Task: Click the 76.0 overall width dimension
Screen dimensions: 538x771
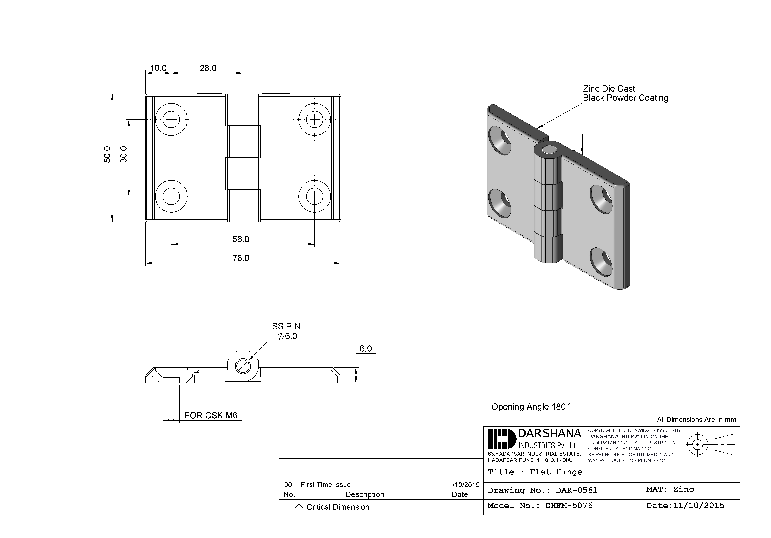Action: coord(241,258)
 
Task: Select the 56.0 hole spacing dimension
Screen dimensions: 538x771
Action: coord(241,239)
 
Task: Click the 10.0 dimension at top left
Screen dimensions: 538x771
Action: coord(158,68)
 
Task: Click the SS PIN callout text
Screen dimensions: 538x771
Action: coord(286,326)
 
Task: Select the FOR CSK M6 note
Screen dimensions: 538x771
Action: coord(211,416)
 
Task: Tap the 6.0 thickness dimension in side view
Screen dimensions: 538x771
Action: coord(366,348)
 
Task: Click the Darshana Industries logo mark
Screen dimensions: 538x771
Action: coord(502,439)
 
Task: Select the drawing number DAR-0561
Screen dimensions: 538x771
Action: coord(576,490)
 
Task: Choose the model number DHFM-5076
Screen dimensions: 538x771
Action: coord(569,506)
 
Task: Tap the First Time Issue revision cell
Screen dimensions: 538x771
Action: coord(325,484)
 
